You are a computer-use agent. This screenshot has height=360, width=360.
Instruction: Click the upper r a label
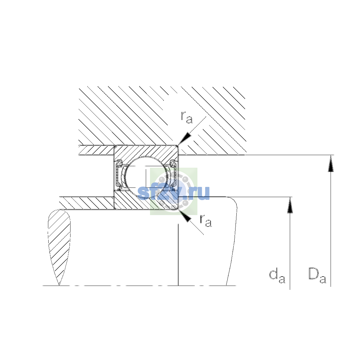click(x=186, y=117)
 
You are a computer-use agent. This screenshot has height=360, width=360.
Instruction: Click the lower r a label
click(x=206, y=220)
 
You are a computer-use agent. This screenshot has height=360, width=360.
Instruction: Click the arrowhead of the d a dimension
click(x=290, y=205)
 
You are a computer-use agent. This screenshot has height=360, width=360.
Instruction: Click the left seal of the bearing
click(x=119, y=175)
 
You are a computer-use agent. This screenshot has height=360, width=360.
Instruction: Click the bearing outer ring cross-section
click(x=146, y=151)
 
